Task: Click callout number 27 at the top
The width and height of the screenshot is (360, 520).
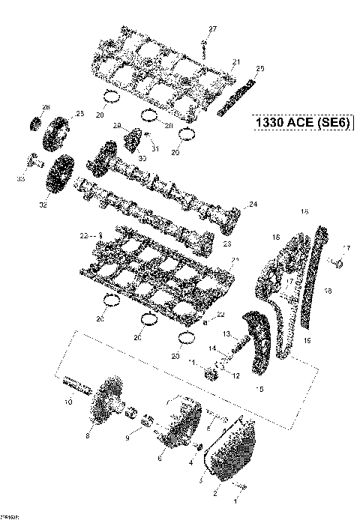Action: coord(212,28)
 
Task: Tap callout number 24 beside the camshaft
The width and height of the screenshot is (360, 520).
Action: coord(253,205)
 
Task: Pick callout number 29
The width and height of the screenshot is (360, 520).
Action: coord(117,125)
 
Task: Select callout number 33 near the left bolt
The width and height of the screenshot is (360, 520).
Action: coord(21,180)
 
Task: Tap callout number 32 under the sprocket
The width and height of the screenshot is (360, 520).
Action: coord(43,202)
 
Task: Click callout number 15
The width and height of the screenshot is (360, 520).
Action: coord(260,390)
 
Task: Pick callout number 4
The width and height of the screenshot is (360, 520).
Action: coord(190,463)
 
